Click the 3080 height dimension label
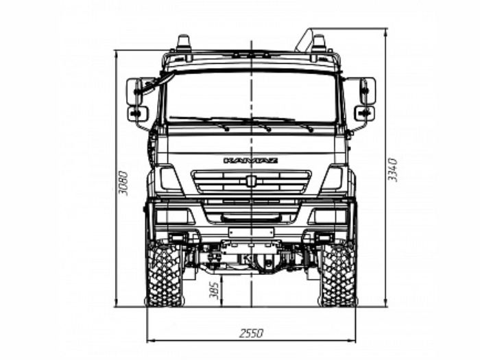[123, 183]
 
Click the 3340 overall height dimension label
[392, 169]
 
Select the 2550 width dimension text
[251, 333]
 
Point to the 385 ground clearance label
[214, 290]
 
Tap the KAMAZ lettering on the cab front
[250, 160]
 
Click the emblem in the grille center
[251, 181]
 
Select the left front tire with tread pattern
[165, 274]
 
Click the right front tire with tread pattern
[337, 274]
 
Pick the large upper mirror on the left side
[134, 91]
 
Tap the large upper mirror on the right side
[368, 91]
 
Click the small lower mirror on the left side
[138, 114]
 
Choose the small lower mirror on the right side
[364, 114]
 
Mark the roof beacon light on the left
[184, 43]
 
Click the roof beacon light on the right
[319, 43]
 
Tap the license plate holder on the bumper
[251, 232]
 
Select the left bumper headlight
[175, 216]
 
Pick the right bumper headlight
[328, 216]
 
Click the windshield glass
[251, 97]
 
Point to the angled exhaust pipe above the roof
[304, 40]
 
